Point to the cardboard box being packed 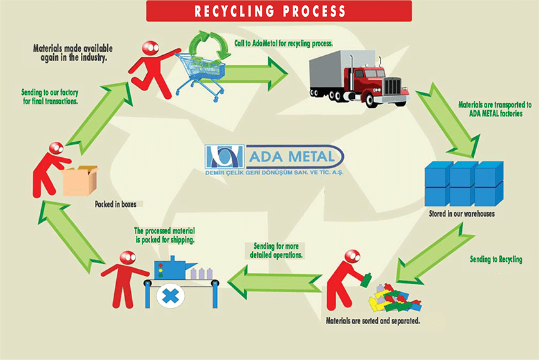(80, 180)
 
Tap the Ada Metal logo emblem (224, 158)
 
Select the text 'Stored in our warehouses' (461, 213)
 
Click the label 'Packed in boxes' (115, 204)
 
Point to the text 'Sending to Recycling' (496, 260)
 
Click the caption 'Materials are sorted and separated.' (373, 320)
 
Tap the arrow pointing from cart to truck (257, 72)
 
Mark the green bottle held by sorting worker (366, 279)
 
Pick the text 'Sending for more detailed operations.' (275, 250)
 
